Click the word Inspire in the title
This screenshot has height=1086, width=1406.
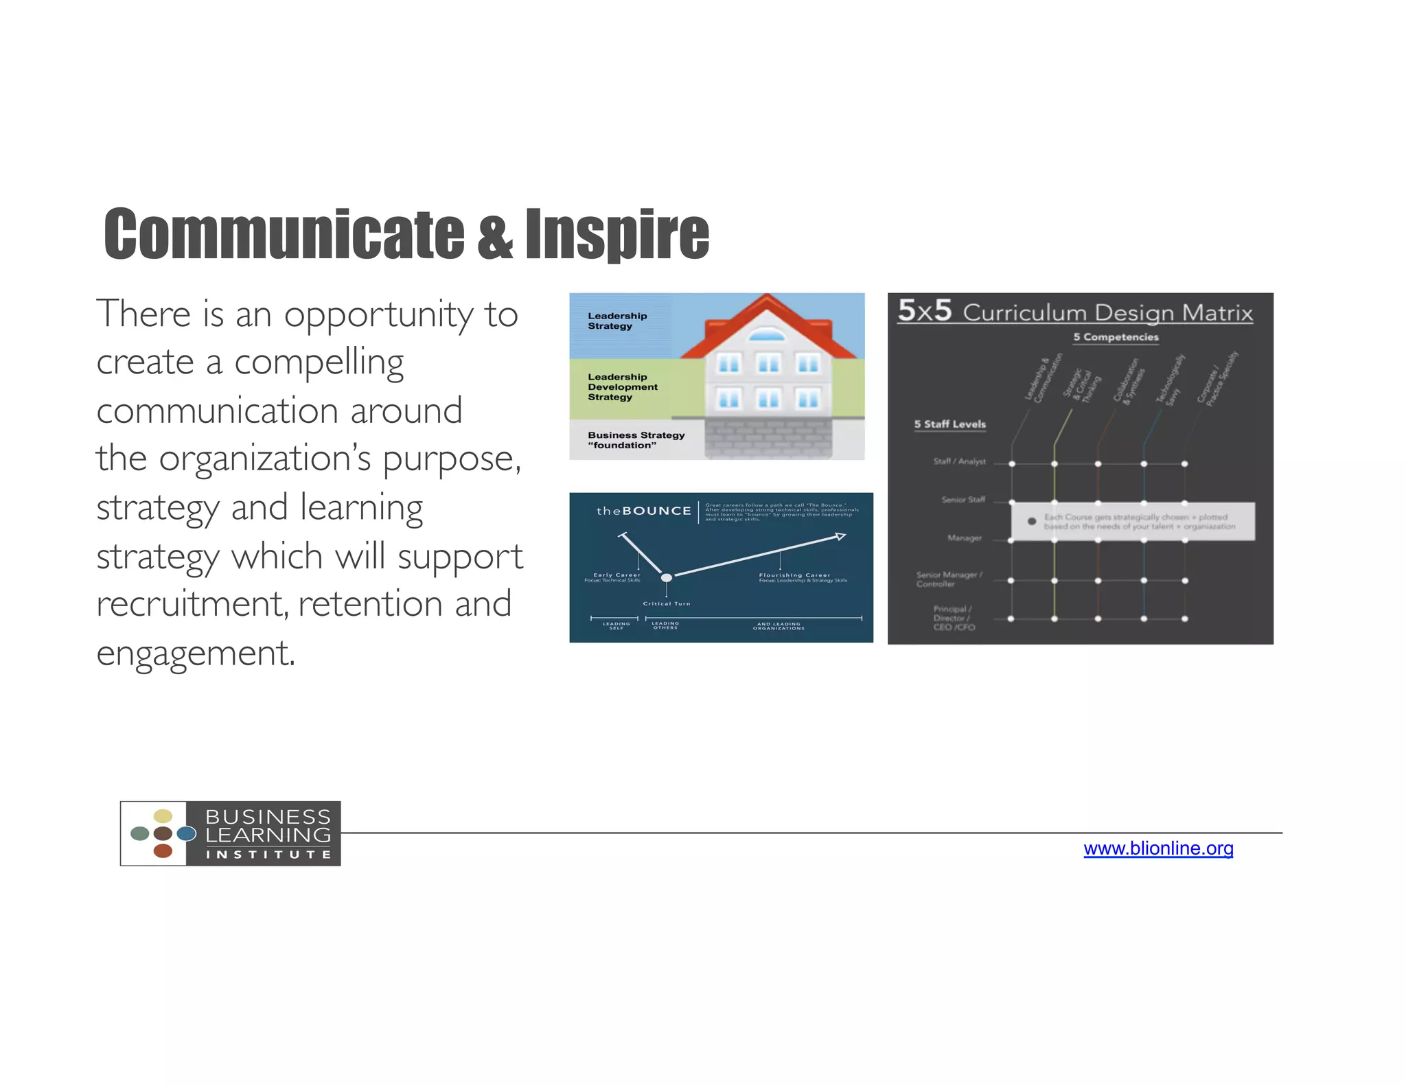click(616, 235)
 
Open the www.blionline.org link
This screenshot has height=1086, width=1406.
click(1157, 848)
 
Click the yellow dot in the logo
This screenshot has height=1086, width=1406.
click(163, 816)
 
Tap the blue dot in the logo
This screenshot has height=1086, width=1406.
click(186, 833)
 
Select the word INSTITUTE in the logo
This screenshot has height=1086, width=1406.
click(268, 855)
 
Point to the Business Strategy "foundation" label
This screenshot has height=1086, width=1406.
click(636, 440)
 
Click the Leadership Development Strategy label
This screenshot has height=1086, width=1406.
click(622, 387)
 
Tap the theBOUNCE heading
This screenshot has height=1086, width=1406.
click(643, 511)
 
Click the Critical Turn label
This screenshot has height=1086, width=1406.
click(666, 603)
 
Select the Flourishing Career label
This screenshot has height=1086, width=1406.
click(794, 575)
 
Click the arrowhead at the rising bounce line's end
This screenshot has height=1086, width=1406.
click(840, 536)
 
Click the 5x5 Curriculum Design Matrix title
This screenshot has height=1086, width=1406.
click(1075, 312)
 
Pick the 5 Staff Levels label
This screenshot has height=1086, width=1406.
click(949, 424)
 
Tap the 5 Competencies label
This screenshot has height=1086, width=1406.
click(1116, 337)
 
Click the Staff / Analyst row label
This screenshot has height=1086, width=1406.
click(959, 461)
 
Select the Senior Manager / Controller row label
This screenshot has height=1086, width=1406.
click(948, 579)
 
